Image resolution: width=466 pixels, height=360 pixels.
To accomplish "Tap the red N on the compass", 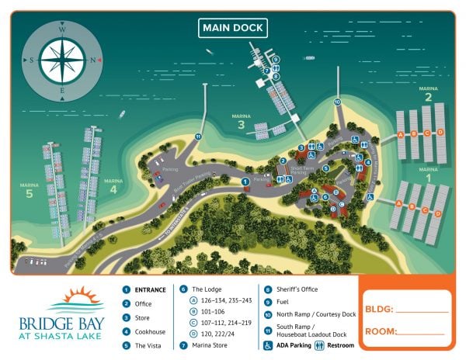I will [x=93, y=60].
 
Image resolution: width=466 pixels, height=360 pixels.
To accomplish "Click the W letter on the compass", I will [x=62, y=29].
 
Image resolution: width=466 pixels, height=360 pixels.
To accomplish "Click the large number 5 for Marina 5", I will [x=30, y=194].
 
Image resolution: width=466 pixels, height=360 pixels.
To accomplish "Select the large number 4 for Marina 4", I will [x=113, y=189].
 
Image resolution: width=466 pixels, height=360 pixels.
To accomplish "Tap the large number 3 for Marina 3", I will [x=242, y=125].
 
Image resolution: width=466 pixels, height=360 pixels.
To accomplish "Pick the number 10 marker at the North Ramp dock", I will [x=337, y=102].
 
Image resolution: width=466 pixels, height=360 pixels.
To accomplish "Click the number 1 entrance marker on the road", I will [x=245, y=182].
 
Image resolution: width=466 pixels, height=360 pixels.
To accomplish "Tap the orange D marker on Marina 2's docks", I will [x=440, y=133].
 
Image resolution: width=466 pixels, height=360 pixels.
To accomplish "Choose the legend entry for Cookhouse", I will [x=149, y=332].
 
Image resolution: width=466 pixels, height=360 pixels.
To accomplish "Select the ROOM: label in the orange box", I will [x=383, y=332].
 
